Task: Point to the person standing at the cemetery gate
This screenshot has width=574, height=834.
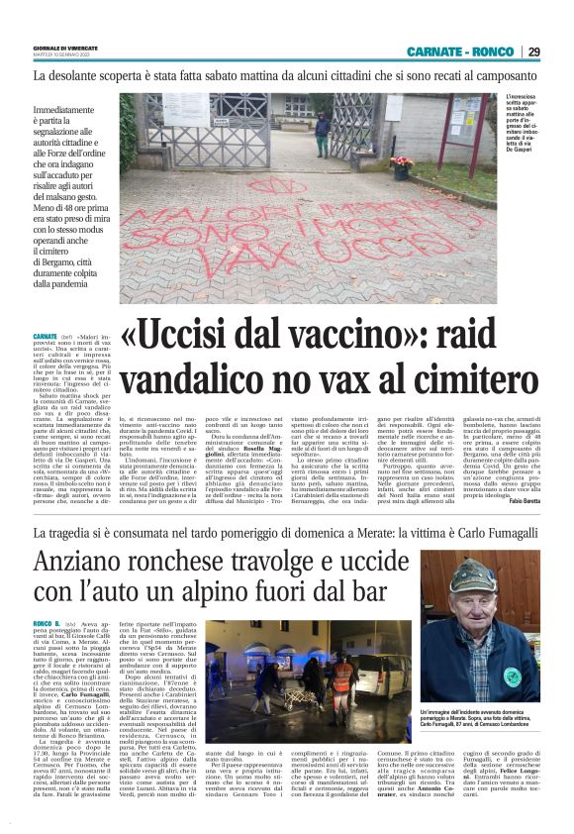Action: coord(323,135)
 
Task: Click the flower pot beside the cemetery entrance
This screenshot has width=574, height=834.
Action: coord(401,165)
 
